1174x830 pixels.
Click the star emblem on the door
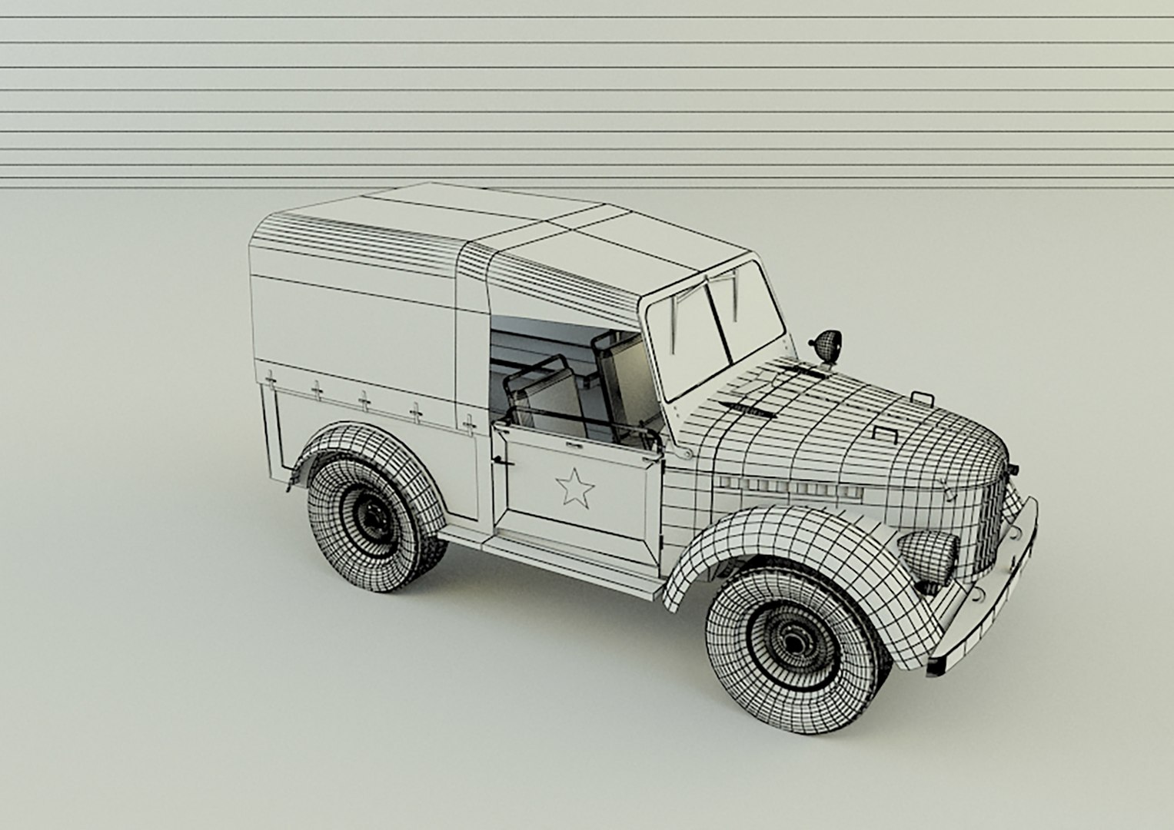tap(575, 487)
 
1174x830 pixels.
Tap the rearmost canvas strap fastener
tap(270, 378)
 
